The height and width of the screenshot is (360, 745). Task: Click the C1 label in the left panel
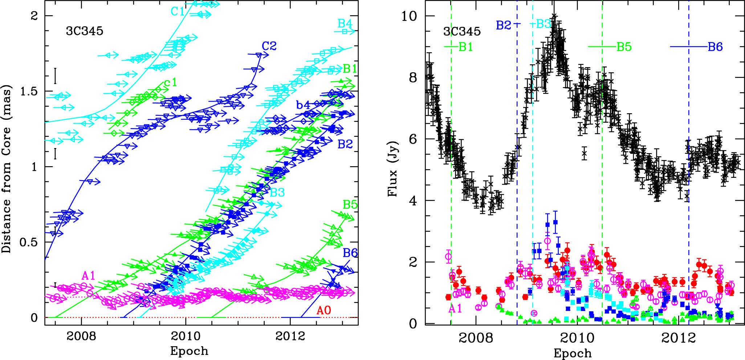point(178,12)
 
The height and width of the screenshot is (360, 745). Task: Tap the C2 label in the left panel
point(269,46)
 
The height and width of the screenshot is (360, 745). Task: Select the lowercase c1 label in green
point(170,83)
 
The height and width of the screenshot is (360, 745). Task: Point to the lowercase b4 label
point(303,105)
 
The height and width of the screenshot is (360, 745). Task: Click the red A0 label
point(323,310)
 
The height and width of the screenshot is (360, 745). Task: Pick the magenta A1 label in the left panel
point(88,276)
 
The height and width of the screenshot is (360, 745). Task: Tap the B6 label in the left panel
point(350,253)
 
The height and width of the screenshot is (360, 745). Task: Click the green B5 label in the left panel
point(350,205)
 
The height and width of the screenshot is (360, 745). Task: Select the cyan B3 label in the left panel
point(277,192)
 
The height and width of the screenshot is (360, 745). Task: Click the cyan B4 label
point(345,24)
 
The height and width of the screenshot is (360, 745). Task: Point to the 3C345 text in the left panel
point(84,31)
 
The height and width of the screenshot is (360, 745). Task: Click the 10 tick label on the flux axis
point(409,16)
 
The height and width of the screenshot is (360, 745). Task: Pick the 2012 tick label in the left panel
point(290,336)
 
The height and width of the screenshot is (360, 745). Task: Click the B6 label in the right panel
point(715,47)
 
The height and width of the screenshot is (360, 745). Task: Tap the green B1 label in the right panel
point(465,47)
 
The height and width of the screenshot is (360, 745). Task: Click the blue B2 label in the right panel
point(503,25)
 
